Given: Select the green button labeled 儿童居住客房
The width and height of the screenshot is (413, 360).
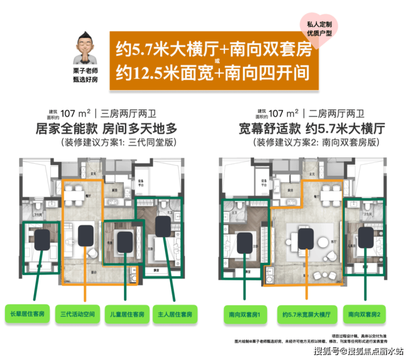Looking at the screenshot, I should click(127, 314).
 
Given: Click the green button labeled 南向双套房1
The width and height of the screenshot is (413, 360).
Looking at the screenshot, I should click(246, 314).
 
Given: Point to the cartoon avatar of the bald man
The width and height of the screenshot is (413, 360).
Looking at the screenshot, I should click(83, 47).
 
